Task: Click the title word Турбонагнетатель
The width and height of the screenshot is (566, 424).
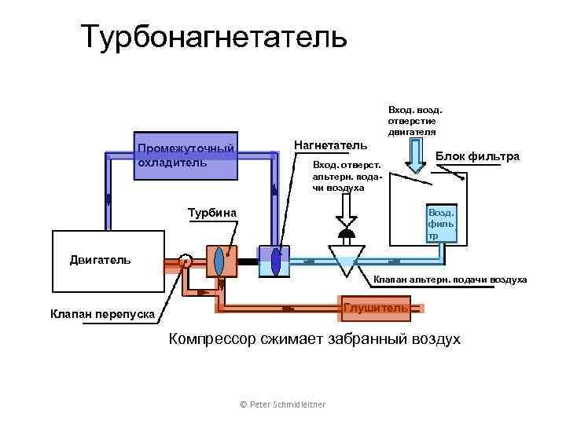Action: tap(214, 36)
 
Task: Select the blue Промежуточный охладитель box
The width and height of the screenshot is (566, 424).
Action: tap(186, 155)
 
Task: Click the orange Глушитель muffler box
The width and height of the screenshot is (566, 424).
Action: tap(375, 308)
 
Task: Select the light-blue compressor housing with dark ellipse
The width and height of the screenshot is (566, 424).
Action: tap(275, 261)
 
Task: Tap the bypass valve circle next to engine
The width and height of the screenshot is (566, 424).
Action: tap(186, 261)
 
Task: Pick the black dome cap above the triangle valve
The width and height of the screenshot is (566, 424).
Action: tap(345, 233)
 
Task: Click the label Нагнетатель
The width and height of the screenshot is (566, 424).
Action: tap(329, 145)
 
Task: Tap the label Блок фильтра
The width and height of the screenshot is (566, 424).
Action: tap(477, 156)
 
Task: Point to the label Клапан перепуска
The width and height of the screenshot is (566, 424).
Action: tap(102, 314)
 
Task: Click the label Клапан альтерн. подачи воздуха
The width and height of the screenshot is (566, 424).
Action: tap(450, 280)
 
